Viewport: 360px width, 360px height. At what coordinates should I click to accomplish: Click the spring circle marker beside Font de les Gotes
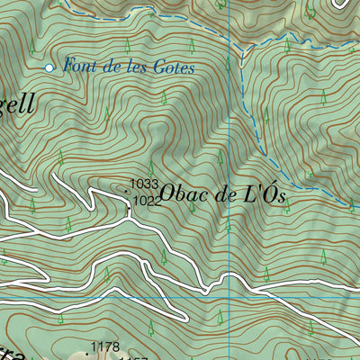(49, 67)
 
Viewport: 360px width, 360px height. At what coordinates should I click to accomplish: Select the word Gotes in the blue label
(175, 67)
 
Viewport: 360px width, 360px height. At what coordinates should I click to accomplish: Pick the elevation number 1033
(144, 184)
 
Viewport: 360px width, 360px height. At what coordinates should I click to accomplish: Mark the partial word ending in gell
(18, 104)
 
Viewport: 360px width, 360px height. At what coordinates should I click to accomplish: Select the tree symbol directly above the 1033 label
(150, 168)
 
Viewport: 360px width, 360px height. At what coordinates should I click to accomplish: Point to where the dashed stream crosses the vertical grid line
(229, 42)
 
